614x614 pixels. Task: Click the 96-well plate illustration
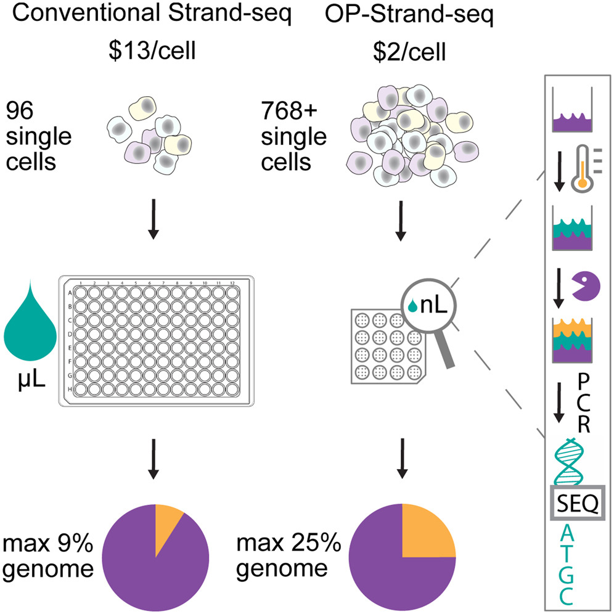(x=155, y=340)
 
